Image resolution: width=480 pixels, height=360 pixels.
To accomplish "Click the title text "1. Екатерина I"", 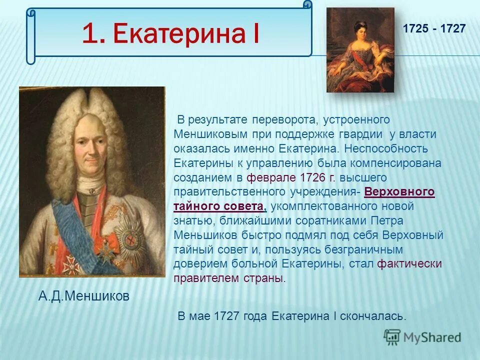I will (170, 33).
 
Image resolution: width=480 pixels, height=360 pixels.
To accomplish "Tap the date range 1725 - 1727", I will (434, 29).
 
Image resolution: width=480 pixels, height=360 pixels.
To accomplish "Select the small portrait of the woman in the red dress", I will (360, 50).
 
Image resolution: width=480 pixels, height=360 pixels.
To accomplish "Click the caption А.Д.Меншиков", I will (84, 296).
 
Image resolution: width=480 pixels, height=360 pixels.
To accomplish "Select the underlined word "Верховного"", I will (399, 192).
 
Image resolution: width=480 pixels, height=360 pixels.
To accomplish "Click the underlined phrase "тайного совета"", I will (218, 206).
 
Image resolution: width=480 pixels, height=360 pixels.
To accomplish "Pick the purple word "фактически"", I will (409, 264).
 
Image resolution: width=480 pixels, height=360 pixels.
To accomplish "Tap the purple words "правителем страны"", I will (228, 278).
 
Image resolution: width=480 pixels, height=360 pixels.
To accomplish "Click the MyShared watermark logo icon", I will (392, 337).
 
